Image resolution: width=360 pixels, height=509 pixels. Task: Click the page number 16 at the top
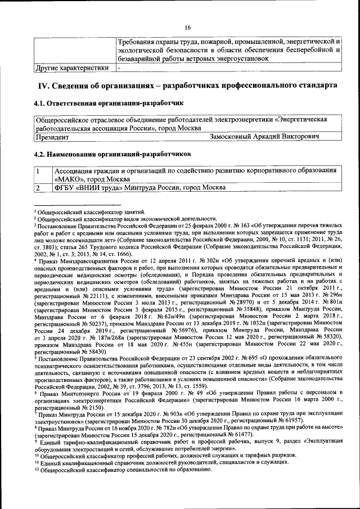187,27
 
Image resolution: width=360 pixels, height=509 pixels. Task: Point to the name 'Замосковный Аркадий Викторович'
264,137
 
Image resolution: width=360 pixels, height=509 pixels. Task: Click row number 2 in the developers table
38,187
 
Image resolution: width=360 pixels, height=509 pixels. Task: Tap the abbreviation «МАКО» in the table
67,179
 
